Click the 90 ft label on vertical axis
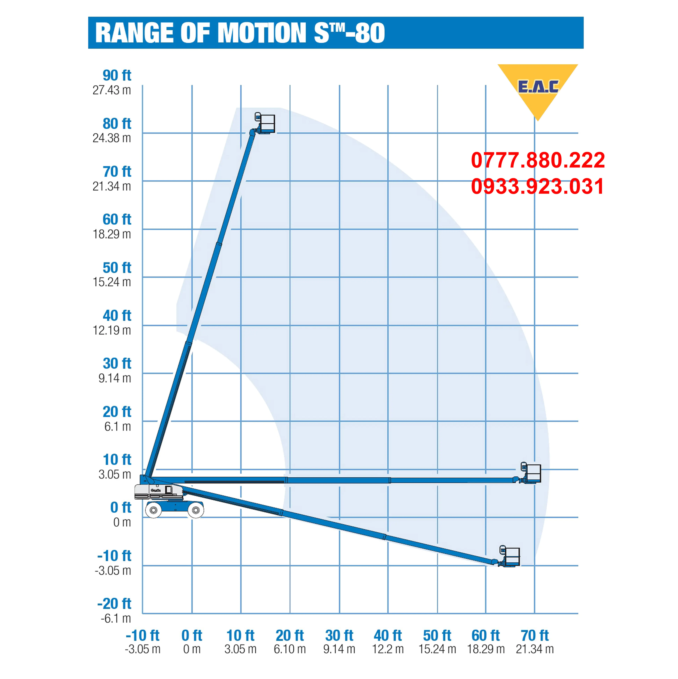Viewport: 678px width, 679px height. pyautogui.click(x=117, y=75)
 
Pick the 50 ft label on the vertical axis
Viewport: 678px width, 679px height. pyautogui.click(x=117, y=267)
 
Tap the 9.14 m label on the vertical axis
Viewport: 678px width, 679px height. pyautogui.click(x=115, y=378)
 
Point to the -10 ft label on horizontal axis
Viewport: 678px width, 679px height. pyautogui.click(x=142, y=635)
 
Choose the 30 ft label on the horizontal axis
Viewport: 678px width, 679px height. pyautogui.click(x=339, y=635)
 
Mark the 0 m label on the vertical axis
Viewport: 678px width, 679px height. pyautogui.click(x=122, y=522)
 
